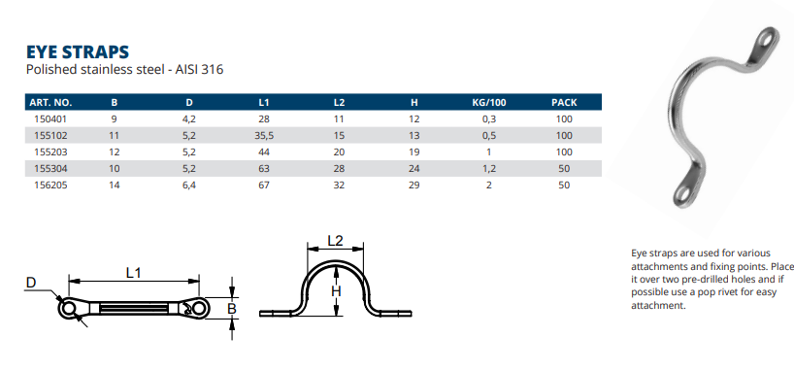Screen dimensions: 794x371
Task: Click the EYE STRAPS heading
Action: coord(78,51)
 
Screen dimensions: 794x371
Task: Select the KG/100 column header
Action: coord(488,102)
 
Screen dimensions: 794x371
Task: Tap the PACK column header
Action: coord(564,102)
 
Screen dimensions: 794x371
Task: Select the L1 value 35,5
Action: coord(263,136)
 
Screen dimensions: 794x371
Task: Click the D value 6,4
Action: coord(189,185)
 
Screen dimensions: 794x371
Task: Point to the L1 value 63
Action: coord(263,168)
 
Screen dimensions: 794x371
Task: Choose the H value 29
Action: coord(414,185)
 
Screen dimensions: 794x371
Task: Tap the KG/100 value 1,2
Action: coord(488,168)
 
